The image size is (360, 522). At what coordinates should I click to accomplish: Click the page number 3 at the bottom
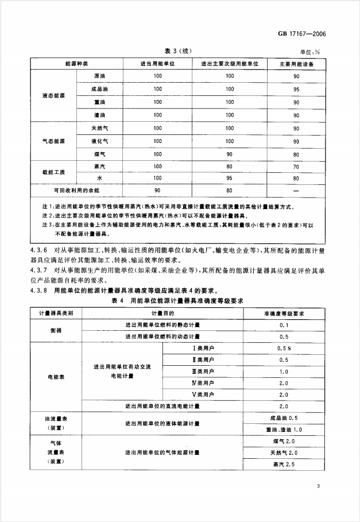click(x=318, y=487)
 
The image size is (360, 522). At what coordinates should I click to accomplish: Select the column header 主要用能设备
click(x=297, y=63)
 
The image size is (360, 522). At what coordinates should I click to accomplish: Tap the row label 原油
click(x=99, y=76)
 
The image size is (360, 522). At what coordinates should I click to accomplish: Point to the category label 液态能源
click(x=55, y=95)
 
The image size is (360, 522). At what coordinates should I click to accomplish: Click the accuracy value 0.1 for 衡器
click(x=284, y=325)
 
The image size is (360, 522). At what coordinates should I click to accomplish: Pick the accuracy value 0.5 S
click(x=284, y=348)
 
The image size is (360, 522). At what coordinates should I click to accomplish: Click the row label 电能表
click(x=56, y=377)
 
